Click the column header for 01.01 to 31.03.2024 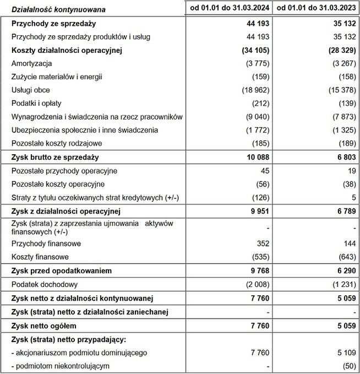pyautogui.click(x=228, y=8)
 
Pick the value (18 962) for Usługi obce pyautogui.click(x=251, y=90)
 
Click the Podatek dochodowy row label pyautogui.click(x=45, y=284)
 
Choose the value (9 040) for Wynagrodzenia pyautogui.click(x=254, y=117)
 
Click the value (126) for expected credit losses pyautogui.click(x=259, y=197)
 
